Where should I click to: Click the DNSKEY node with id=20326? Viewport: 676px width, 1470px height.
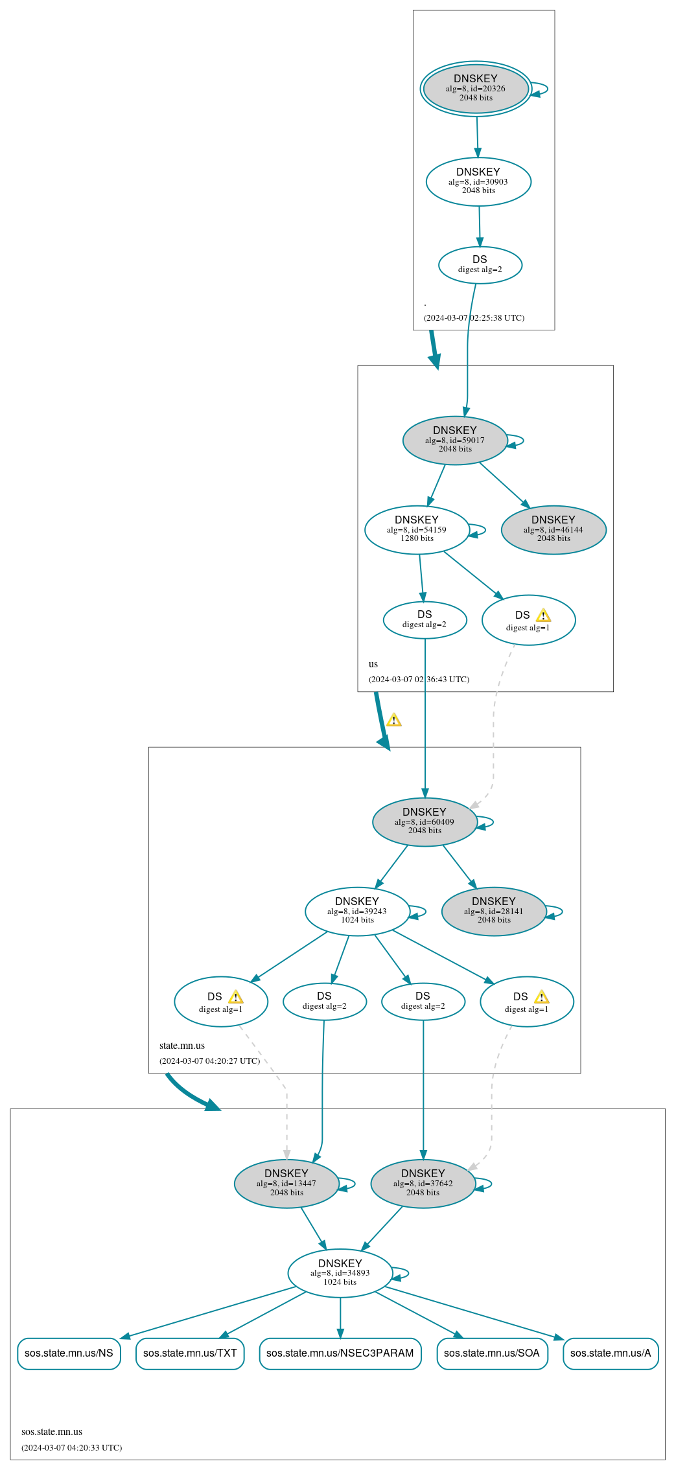tap(476, 89)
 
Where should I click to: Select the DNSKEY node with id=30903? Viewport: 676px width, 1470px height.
tap(478, 181)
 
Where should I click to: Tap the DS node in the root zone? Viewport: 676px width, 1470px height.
tap(480, 265)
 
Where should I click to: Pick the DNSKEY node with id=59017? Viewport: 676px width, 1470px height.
tap(455, 440)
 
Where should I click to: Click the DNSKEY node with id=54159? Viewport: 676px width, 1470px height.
tap(417, 529)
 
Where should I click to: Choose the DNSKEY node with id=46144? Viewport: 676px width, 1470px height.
tap(554, 529)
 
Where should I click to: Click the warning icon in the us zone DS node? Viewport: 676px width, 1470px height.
tap(543, 615)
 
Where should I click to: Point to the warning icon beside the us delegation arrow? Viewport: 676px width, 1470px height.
tap(394, 720)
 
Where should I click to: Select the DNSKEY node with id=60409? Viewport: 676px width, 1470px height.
tap(425, 821)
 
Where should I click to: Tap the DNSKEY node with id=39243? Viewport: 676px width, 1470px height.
tap(357, 911)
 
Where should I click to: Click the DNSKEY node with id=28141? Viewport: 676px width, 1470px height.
tap(494, 911)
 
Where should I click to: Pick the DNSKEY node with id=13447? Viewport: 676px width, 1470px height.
tap(286, 1184)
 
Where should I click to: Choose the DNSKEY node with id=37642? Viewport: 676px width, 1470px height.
tap(423, 1184)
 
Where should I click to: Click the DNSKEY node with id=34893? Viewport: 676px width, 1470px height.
tap(340, 1273)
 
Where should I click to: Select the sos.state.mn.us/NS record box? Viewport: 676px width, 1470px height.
tap(69, 1353)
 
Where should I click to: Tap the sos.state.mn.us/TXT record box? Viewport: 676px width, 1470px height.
tap(190, 1353)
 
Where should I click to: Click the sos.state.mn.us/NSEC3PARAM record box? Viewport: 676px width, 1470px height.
tap(340, 1353)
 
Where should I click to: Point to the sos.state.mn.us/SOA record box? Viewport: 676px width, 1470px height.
tap(492, 1353)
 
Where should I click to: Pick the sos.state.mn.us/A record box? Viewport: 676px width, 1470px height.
tap(611, 1353)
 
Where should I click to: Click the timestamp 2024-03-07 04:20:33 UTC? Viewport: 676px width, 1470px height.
tap(71, 1447)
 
